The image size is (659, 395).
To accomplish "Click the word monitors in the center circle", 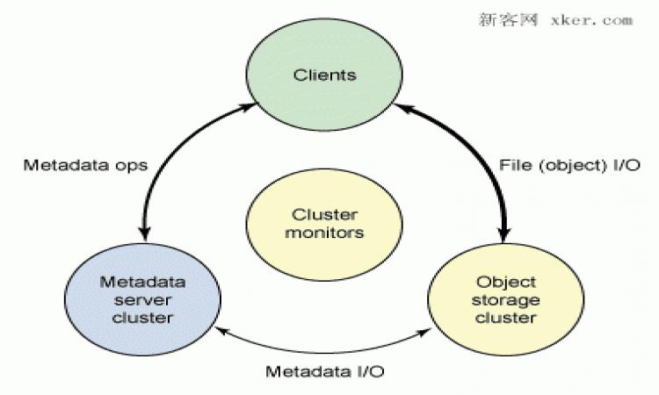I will click(x=324, y=233).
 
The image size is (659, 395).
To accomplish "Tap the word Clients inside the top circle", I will click(x=324, y=75).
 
